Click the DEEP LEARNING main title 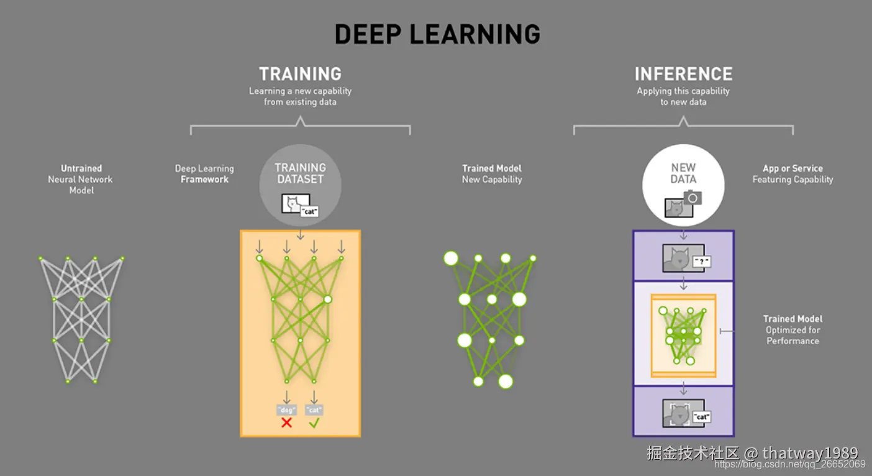point(438,34)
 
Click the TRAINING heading point(300,74)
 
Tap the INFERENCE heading point(684,74)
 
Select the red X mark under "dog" point(286,423)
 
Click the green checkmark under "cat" point(314,423)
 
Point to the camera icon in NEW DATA point(693,198)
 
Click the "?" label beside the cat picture point(701,262)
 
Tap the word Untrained point(81,168)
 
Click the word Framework point(204,179)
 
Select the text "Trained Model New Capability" point(492,174)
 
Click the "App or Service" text point(793,168)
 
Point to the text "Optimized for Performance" point(793,336)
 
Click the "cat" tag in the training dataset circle point(309,211)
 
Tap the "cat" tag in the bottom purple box point(702,417)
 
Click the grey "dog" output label point(286,410)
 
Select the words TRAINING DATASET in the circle point(300,173)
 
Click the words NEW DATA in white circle point(683,173)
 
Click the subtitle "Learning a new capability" point(300,91)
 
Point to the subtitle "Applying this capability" point(683,91)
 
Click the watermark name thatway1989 point(810,453)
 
